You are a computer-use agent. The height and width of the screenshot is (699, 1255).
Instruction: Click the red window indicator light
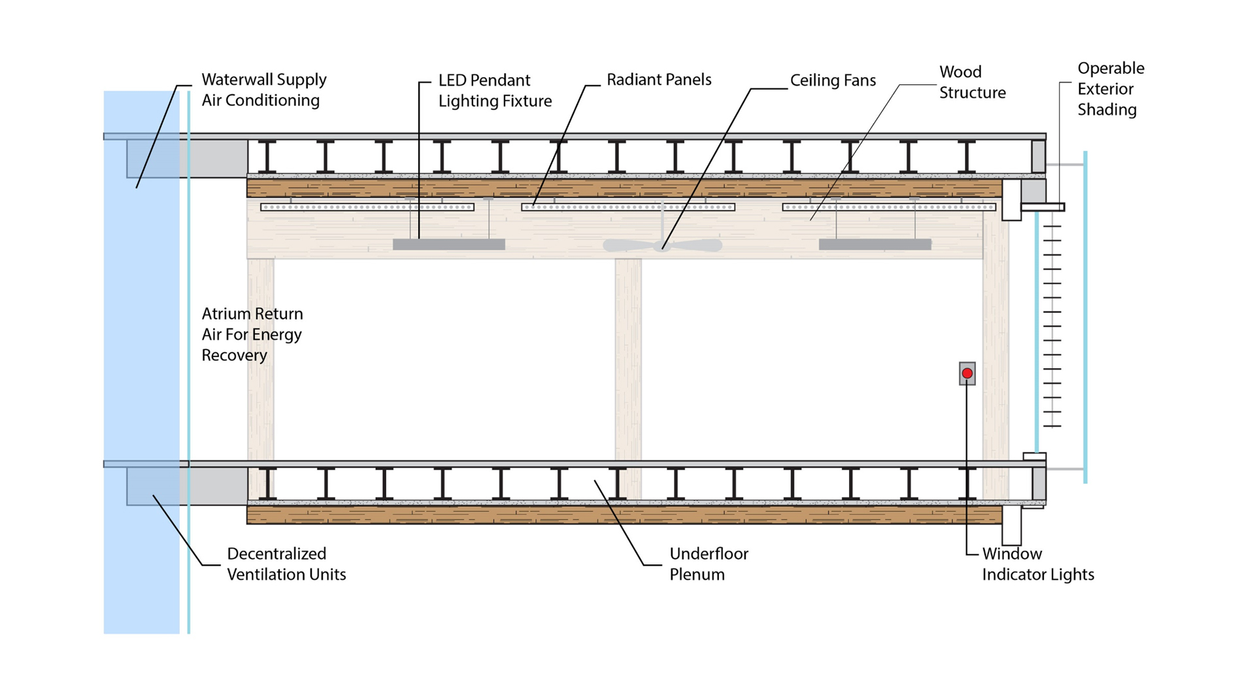coord(967,373)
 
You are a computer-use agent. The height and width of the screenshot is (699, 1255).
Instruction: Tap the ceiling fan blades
coord(662,245)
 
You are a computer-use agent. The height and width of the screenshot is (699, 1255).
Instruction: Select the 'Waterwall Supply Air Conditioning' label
coord(263,90)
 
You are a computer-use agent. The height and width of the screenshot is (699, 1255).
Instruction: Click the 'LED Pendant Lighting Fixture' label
coord(495,90)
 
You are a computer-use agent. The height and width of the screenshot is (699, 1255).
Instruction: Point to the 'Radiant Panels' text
coord(658,80)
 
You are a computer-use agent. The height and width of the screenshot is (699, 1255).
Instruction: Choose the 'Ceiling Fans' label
coord(833,80)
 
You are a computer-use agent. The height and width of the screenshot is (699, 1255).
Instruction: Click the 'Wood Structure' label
coord(972,82)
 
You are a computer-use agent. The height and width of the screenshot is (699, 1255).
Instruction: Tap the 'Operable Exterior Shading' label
coord(1111,89)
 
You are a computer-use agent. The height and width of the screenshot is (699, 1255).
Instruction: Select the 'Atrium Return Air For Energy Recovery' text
coord(252,334)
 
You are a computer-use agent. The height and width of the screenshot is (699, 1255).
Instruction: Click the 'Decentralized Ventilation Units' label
coord(286,564)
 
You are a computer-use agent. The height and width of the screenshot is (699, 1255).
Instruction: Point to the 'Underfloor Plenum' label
coord(709,564)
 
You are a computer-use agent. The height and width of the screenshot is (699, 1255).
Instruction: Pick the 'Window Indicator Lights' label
coord(1037,564)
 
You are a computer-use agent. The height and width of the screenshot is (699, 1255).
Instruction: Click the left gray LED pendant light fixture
coord(448,245)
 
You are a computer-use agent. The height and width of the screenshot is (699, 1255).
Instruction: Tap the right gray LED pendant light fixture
coord(875,245)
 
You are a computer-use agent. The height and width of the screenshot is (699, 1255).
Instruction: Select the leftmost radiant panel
coord(367,207)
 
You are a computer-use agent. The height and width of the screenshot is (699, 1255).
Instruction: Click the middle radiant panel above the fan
coord(627,207)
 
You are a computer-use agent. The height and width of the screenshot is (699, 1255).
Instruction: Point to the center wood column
coord(628,360)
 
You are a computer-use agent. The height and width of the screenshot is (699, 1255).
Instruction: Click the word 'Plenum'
coord(697,575)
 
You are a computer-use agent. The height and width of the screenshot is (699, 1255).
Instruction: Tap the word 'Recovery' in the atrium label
coord(234,355)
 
